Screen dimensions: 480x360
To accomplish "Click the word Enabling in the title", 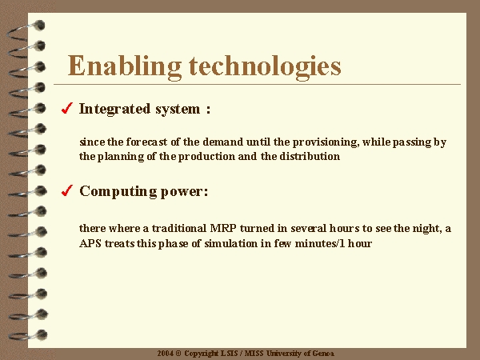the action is point(124,67).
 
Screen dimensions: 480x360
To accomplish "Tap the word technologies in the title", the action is point(265,67).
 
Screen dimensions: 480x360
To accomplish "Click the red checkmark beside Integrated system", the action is point(67,108).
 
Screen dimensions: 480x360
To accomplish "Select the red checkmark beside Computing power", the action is point(67,190).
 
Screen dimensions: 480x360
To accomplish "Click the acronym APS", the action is point(90,243).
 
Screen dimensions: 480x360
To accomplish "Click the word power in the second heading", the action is point(184,193).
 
